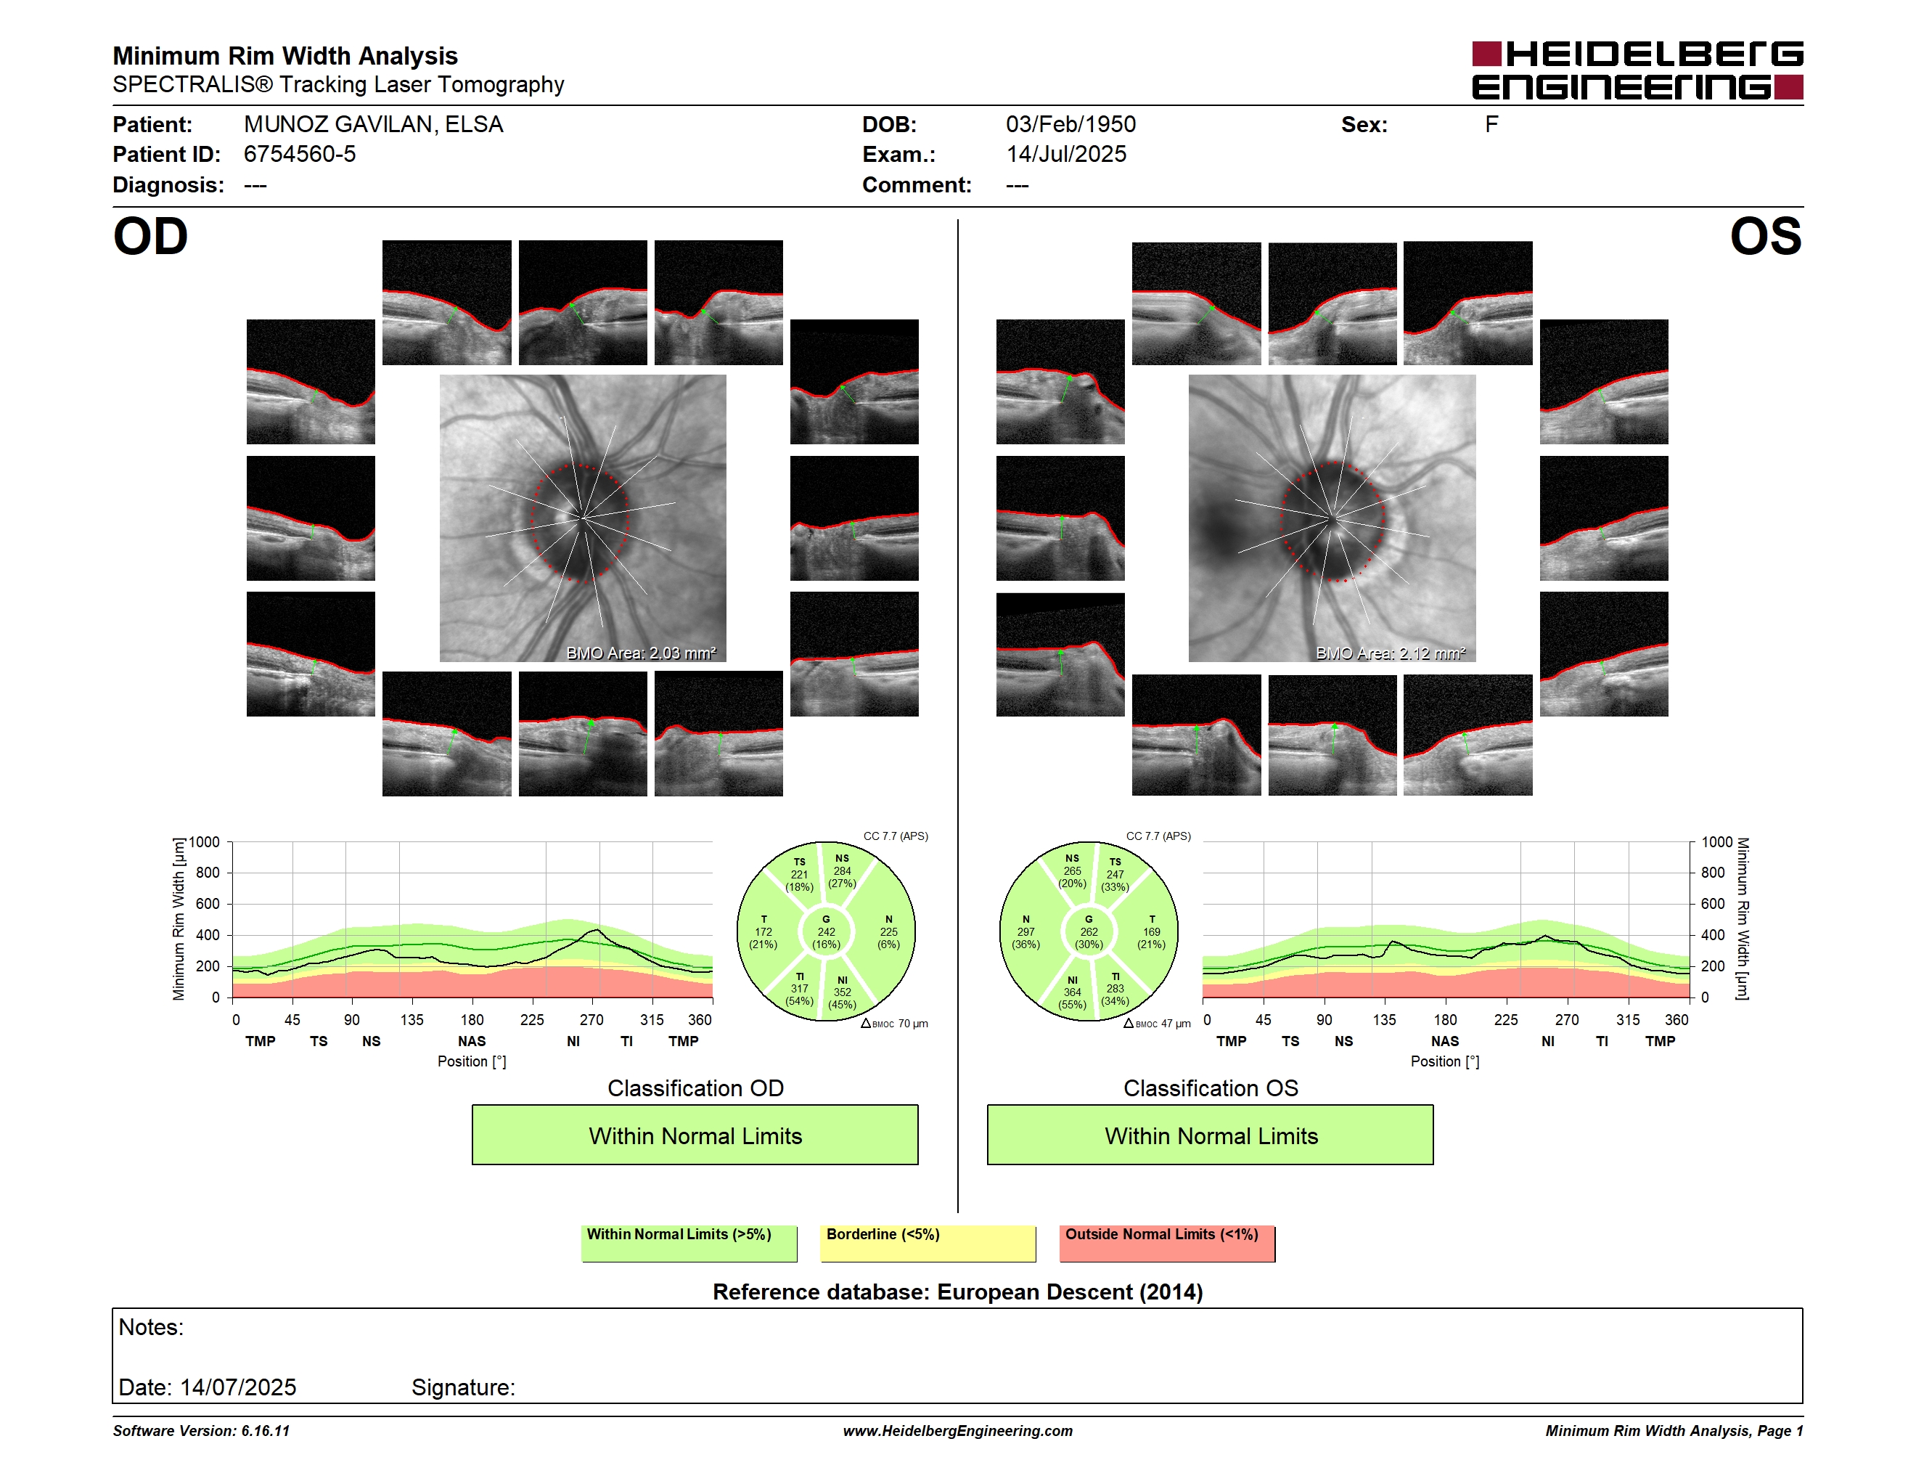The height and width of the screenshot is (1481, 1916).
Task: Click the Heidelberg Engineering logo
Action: pos(1637,70)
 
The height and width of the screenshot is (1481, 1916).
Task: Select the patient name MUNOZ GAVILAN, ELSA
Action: pos(374,125)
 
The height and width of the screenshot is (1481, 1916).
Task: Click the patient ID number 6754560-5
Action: pos(300,155)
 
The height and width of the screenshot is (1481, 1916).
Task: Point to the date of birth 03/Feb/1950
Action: pos(1070,125)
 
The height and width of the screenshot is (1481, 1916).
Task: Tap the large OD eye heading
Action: pos(150,237)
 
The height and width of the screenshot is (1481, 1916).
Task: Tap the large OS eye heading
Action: pos(1765,237)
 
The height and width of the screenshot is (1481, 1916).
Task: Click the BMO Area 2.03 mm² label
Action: pos(640,653)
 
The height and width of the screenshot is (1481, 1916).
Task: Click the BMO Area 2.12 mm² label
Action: pos(1391,653)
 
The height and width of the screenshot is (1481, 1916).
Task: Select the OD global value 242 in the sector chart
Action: pos(827,931)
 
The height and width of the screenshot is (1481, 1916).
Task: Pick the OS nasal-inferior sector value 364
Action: pos(1072,992)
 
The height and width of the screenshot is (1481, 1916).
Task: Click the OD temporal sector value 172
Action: pos(763,931)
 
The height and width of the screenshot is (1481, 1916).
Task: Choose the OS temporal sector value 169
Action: pos(1152,931)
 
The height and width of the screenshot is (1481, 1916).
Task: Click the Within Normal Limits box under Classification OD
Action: pos(695,1135)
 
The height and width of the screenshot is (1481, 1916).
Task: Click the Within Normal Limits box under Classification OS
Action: pos(1211,1135)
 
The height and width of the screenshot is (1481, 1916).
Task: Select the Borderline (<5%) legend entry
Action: pos(928,1243)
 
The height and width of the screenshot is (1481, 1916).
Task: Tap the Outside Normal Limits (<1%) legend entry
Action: pos(1167,1243)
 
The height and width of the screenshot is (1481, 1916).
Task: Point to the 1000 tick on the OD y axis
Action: pos(205,842)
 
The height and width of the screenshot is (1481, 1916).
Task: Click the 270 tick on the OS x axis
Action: pos(1567,1019)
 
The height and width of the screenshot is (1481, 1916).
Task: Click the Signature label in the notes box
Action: pos(463,1387)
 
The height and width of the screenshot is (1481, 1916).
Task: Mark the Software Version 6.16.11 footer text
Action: pos(201,1431)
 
